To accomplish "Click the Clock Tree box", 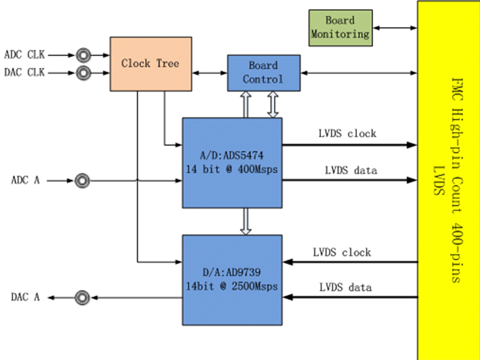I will point(150,64).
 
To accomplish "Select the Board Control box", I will point(263,73).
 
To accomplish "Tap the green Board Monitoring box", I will point(340,28).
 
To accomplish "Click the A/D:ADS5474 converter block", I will point(232,163).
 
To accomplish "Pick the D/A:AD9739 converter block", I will point(232,279).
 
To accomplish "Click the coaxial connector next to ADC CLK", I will point(83,55).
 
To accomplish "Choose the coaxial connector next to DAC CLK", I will point(83,73).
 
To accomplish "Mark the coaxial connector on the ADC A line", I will point(83,180).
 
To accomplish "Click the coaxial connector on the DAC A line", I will point(83,297).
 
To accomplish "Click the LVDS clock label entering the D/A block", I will point(341,252).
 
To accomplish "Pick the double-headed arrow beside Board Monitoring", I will point(394,28).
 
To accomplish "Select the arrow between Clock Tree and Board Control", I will point(209,73).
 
